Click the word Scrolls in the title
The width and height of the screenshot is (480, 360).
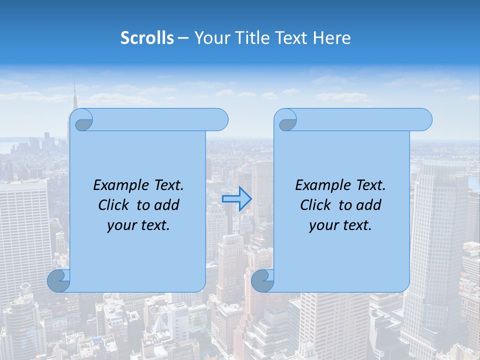click(147, 38)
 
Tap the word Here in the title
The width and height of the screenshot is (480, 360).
click(332, 38)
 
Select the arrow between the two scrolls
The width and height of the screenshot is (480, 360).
click(236, 199)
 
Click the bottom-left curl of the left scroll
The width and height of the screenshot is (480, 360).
click(58, 281)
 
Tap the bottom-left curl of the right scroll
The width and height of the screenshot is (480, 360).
click(262, 281)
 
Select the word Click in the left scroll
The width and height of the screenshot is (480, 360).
click(115, 205)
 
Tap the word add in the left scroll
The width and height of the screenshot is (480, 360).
click(167, 205)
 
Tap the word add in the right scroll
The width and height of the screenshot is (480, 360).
click(369, 205)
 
